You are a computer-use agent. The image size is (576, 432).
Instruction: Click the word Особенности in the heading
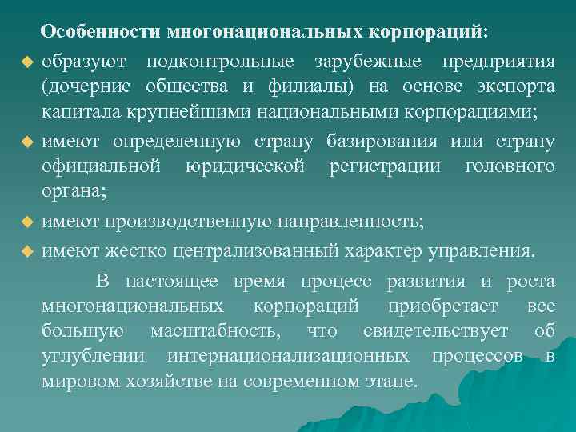coord(101,33)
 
